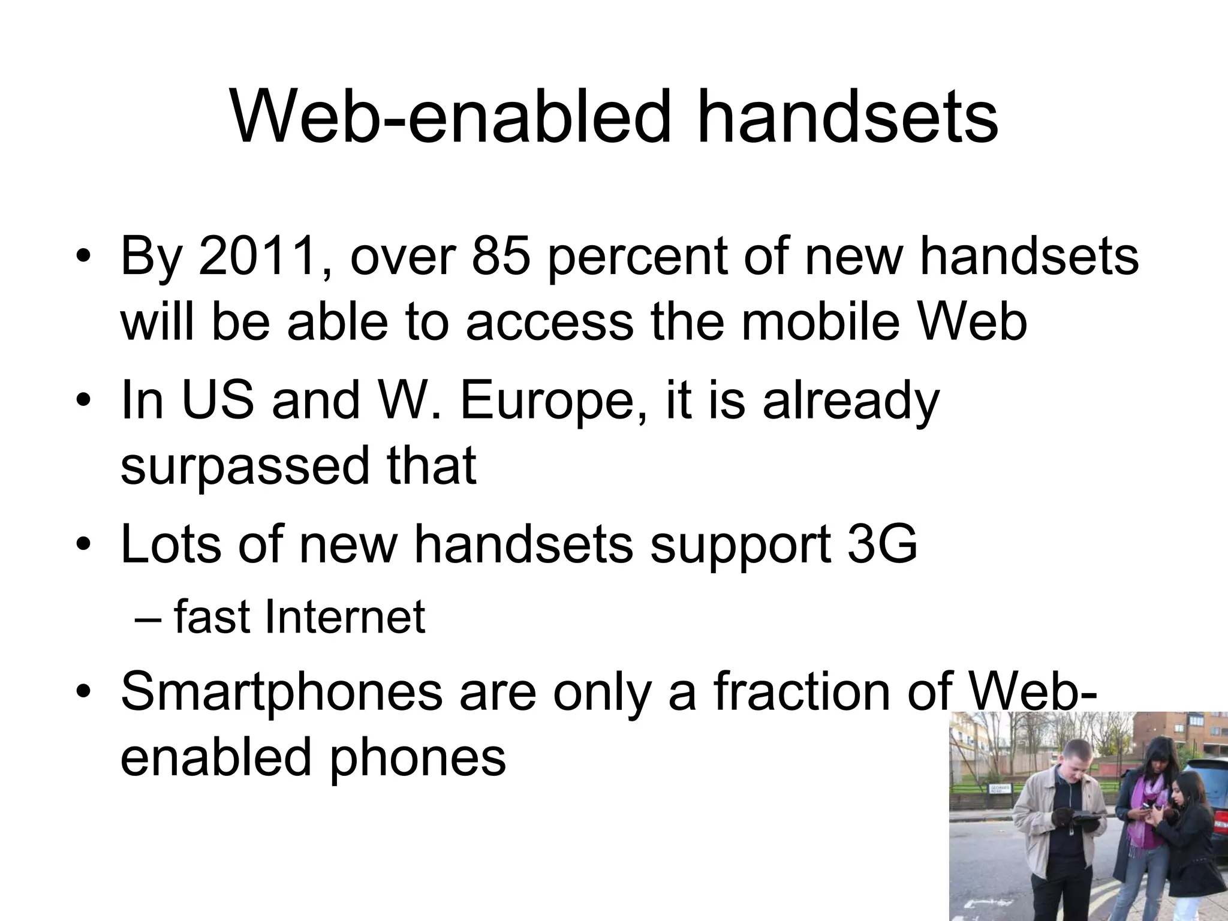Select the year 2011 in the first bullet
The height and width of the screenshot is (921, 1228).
tap(257, 257)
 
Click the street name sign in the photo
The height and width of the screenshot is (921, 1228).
tap(1000, 789)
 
